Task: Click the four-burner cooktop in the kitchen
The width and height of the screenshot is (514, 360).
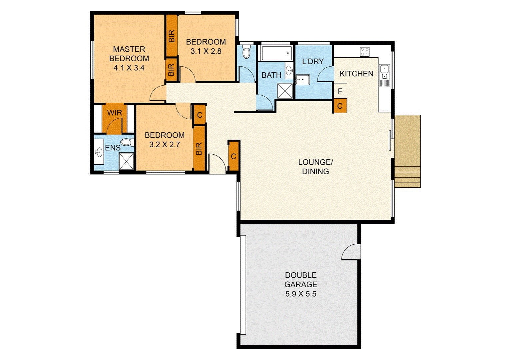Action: click(364, 52)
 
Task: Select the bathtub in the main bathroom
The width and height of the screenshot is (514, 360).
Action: click(276, 53)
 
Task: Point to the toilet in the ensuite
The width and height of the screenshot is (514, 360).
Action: click(127, 142)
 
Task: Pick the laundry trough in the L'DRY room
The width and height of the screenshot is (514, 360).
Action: click(302, 80)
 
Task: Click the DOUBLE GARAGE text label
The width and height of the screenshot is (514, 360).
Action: click(300, 280)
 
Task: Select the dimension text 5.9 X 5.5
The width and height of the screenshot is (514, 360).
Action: click(300, 294)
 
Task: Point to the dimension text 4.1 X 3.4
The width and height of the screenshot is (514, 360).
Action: click(129, 68)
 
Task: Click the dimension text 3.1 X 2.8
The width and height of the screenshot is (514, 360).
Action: click(206, 51)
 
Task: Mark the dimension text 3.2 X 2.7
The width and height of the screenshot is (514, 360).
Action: click(165, 145)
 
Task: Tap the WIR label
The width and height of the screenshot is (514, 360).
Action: click(114, 113)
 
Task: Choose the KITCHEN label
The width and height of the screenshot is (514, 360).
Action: click(356, 74)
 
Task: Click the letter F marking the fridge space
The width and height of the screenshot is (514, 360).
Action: click(340, 91)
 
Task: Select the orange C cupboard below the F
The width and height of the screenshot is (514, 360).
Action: click(340, 106)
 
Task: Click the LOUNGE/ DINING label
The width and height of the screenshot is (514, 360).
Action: click(315, 167)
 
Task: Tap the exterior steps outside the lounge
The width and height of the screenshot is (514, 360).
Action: click(407, 177)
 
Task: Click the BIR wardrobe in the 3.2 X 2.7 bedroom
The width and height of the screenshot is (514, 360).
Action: click(199, 148)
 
